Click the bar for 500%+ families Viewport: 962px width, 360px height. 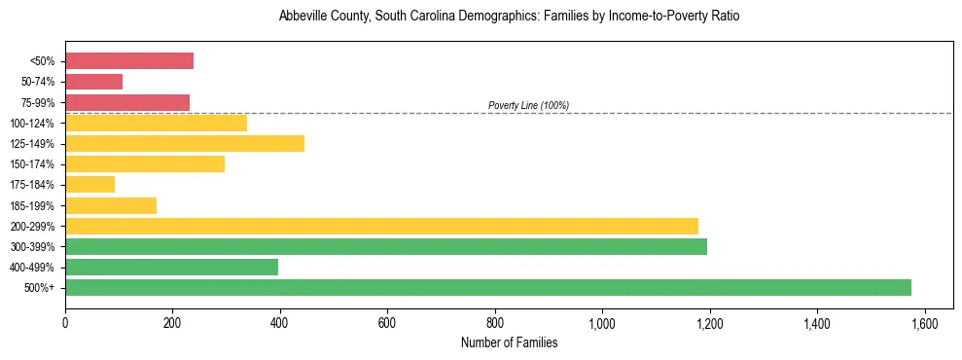click(x=487, y=287)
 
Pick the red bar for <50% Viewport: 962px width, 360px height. click(x=129, y=60)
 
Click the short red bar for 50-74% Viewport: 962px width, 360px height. click(x=93, y=82)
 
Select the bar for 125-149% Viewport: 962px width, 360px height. click(x=185, y=143)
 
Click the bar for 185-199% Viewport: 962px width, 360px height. click(x=111, y=205)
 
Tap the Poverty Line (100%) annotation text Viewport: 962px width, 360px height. click(x=528, y=105)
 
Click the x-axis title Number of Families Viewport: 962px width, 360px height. click(x=509, y=342)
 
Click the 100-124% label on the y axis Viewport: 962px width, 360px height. click(x=34, y=124)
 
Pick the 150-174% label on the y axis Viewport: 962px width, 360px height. click(x=34, y=164)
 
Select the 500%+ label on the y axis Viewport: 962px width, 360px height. click(x=41, y=288)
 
